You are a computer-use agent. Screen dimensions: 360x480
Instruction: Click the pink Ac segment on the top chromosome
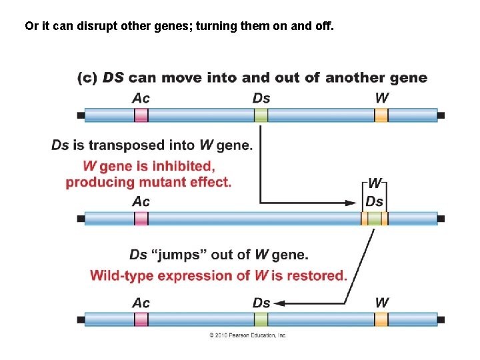tap(141, 115)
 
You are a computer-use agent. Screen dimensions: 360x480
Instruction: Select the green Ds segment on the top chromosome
tap(261, 115)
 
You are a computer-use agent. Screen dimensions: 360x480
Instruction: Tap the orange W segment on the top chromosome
tap(381, 115)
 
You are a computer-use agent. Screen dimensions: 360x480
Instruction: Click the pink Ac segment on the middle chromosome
tap(141, 218)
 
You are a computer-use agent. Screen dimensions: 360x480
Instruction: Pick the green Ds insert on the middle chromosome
tap(375, 218)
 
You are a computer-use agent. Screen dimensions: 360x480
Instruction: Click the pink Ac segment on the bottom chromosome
tap(141, 319)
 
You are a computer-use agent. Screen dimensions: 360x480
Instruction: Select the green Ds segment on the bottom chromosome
tap(261, 319)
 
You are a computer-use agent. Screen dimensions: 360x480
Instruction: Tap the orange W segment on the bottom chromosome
tap(381, 319)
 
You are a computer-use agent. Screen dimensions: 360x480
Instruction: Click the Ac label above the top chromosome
tap(141, 98)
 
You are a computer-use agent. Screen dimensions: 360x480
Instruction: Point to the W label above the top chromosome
tap(381, 98)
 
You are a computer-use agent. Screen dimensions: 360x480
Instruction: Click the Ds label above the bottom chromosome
tap(261, 303)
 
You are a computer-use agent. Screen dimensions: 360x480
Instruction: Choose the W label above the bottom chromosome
tap(381, 303)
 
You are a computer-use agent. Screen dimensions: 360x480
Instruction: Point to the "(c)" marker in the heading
tap(87, 78)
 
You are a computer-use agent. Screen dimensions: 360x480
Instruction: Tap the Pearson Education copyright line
tap(247, 335)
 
